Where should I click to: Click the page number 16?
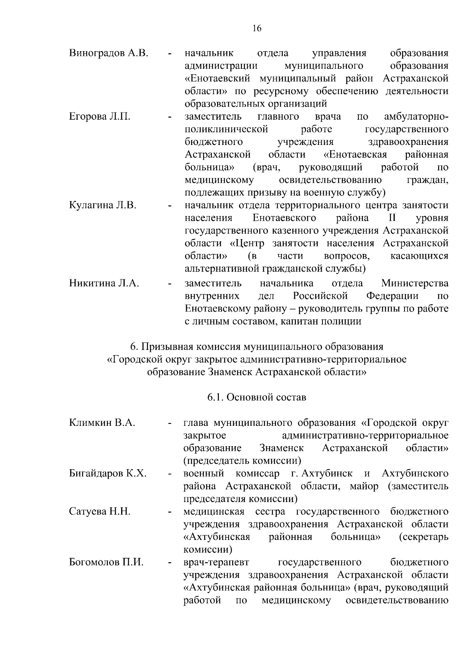257,28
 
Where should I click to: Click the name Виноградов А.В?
108,53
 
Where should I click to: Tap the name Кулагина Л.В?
102,205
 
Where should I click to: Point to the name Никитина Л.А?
104,283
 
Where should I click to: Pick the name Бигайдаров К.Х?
108,474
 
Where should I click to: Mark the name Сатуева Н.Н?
100,511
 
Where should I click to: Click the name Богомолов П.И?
106,562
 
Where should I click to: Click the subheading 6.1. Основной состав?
257,397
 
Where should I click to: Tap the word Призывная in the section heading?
164,347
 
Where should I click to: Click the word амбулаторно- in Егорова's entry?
416,116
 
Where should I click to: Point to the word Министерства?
415,283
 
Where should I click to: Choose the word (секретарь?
424,537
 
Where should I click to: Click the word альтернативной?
223,269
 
